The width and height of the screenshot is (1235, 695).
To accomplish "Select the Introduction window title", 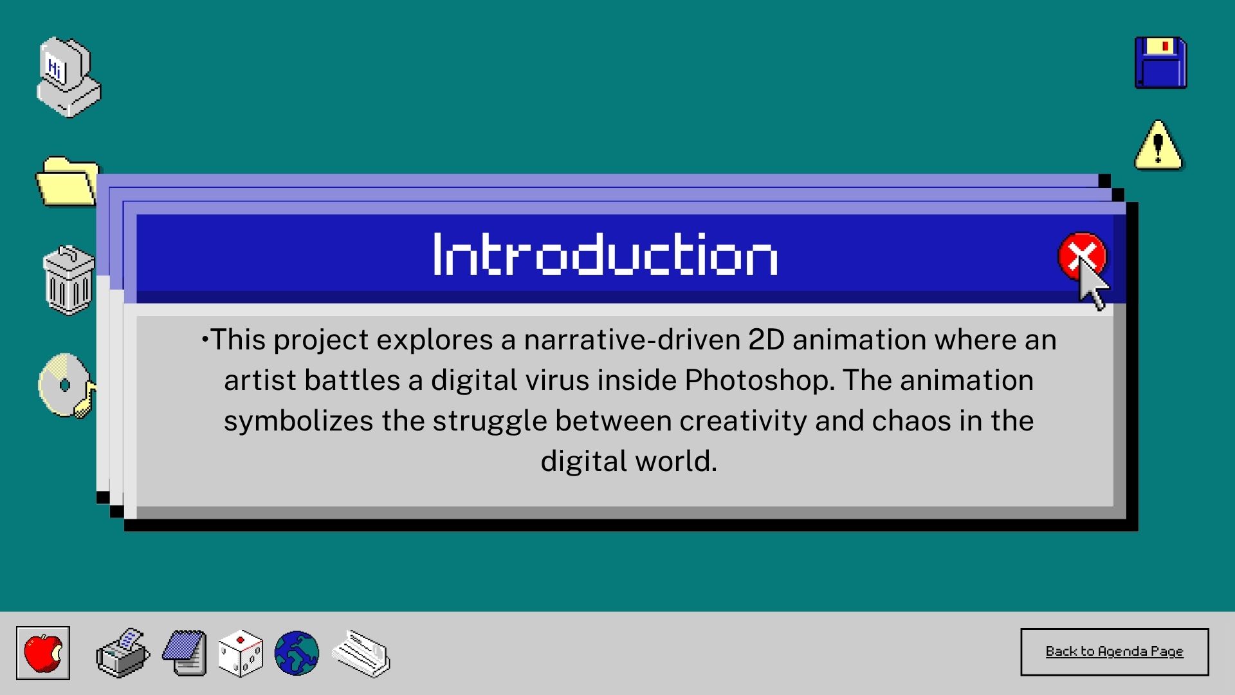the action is (605, 254).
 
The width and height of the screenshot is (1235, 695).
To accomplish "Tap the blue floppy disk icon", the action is (1160, 62).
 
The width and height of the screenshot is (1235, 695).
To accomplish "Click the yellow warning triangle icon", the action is (1158, 145).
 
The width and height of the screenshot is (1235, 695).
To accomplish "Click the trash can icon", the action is (68, 280).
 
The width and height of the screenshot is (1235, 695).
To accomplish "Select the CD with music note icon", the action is (66, 385).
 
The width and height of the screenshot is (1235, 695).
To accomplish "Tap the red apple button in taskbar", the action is (43, 653).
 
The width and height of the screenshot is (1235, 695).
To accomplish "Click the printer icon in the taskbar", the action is (123, 653).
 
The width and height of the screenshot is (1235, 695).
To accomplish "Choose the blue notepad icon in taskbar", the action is (185, 653).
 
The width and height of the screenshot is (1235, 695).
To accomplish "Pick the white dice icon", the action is (241, 653).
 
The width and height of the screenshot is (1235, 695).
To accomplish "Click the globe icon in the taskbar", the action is (297, 653).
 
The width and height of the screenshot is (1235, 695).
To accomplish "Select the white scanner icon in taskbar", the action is (361, 653).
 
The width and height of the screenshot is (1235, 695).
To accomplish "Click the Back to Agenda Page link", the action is (1114, 651).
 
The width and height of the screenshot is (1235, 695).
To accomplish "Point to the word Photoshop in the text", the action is (760, 380).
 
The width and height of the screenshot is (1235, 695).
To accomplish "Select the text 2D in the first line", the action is (767, 340).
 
